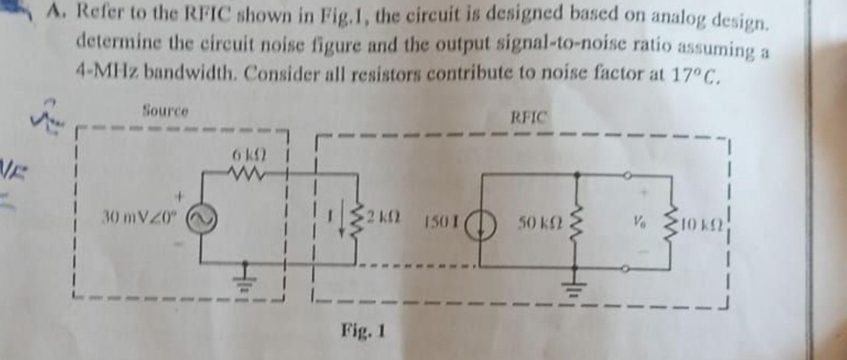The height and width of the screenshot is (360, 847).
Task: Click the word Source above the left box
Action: coord(165,110)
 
